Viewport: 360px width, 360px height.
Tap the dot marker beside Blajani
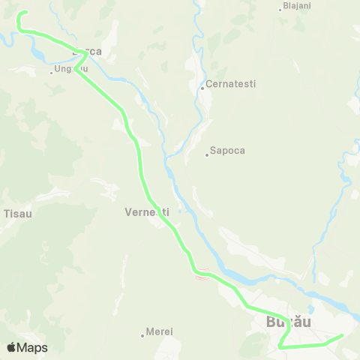(280, 9)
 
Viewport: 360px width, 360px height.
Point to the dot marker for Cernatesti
(202, 88)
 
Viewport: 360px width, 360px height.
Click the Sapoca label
(228, 150)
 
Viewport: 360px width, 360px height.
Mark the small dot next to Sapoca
(207, 155)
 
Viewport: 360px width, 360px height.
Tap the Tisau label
(17, 213)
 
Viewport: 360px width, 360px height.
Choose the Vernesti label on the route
(146, 212)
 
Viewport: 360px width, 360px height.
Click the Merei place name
(159, 331)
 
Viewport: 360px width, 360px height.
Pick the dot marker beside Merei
(142, 334)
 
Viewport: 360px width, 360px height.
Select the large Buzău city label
(289, 322)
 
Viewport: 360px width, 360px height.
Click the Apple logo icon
(11, 347)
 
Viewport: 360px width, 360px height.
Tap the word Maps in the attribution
(32, 347)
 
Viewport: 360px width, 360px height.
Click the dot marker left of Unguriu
(52, 73)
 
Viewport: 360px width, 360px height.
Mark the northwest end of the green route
(25, 13)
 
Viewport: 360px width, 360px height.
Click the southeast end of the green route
(341, 335)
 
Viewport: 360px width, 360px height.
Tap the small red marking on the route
(200, 276)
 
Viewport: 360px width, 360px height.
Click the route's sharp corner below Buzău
(279, 347)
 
